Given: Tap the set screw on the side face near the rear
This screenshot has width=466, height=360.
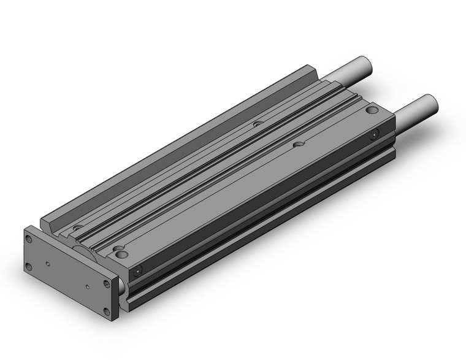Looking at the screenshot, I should point(375,134).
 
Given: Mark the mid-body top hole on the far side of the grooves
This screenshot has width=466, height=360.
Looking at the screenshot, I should point(258,123).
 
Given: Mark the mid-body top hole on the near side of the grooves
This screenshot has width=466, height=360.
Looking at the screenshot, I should point(299,145).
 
